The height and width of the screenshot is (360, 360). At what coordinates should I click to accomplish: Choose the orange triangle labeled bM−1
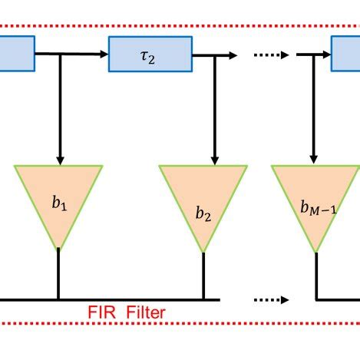316,204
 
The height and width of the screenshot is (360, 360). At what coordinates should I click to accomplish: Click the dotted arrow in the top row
270,54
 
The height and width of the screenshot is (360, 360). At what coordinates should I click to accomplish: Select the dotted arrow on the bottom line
270,299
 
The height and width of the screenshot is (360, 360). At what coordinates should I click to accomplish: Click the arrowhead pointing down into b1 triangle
59,160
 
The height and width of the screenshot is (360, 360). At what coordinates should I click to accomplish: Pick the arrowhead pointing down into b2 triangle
203,160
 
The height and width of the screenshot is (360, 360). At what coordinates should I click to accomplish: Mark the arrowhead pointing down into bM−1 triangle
313,160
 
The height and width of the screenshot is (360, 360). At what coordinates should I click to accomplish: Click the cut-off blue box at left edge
16,54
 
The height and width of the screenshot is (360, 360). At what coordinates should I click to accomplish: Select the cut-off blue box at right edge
346,54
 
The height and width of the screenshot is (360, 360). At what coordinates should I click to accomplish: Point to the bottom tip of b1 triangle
58,248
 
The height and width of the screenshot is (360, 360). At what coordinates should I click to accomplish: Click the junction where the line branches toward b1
59,54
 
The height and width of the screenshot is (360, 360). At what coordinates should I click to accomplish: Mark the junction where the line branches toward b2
203,54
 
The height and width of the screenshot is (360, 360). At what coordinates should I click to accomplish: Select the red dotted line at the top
180,25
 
